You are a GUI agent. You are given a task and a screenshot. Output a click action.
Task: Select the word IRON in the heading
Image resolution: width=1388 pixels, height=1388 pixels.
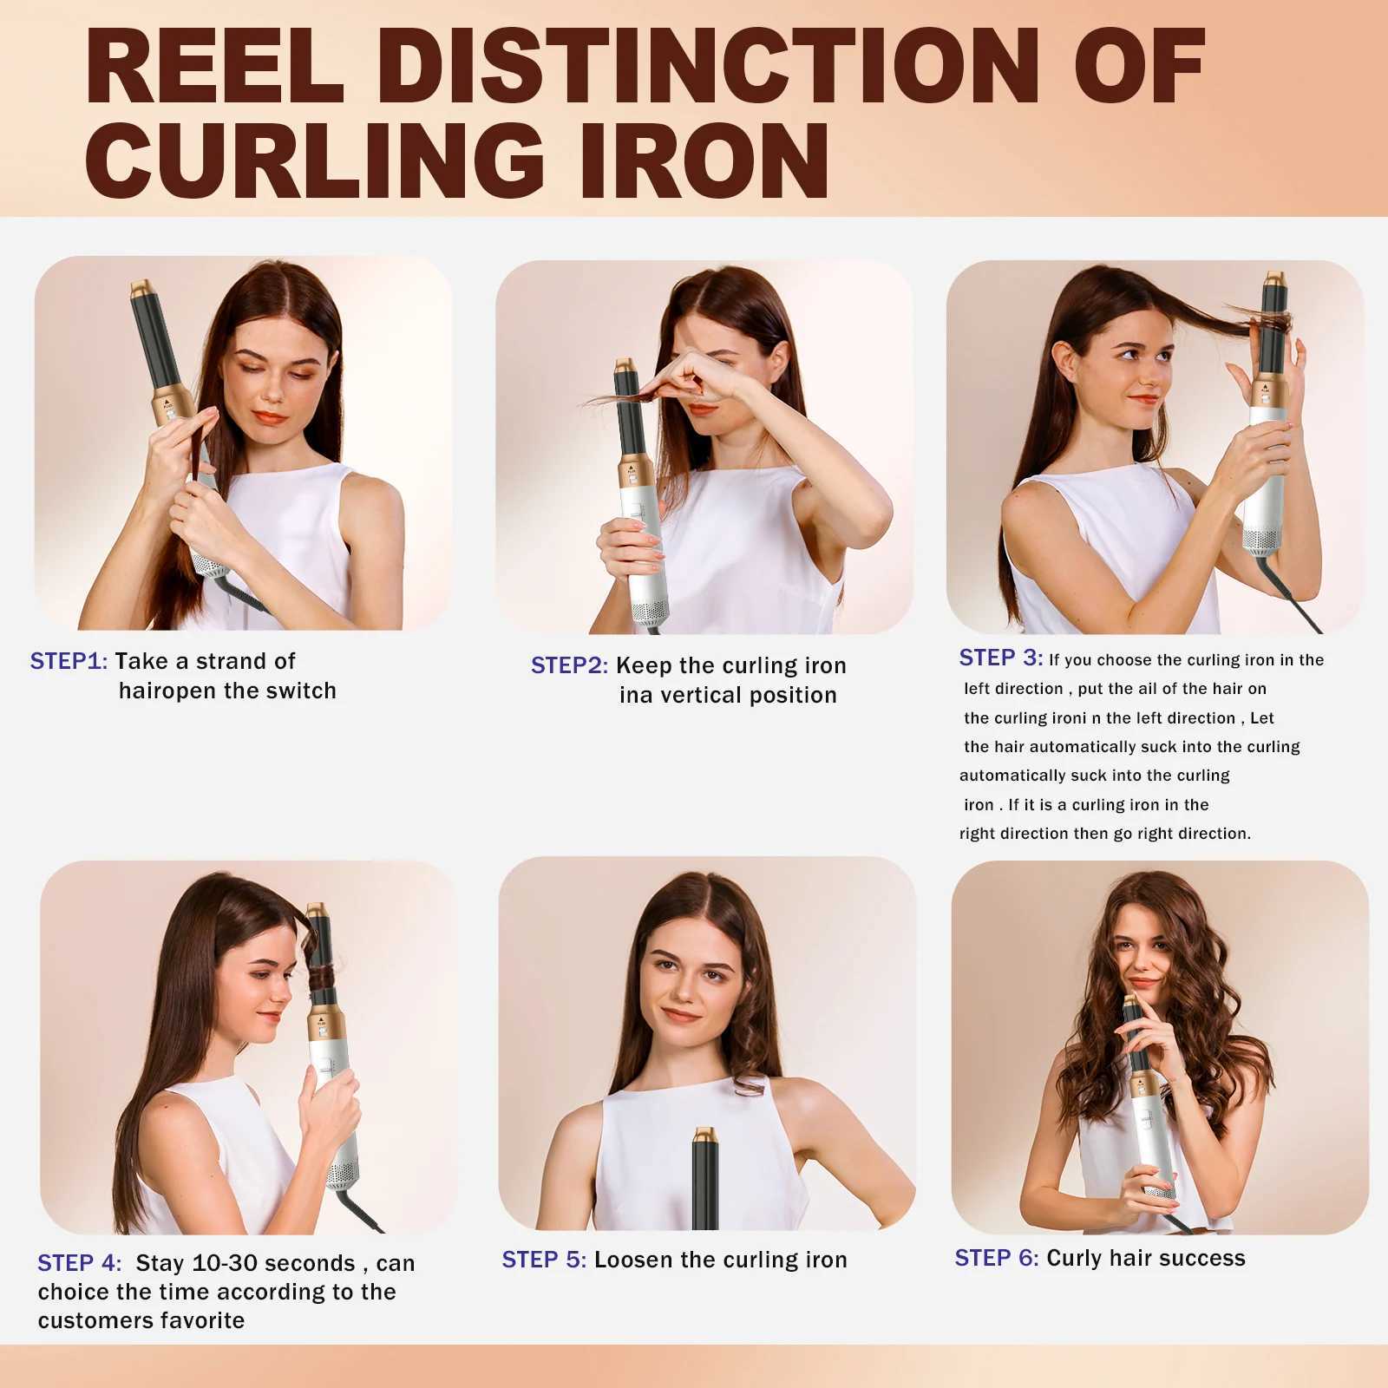704,160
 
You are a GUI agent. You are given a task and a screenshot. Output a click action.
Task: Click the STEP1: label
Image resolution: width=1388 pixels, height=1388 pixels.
69,661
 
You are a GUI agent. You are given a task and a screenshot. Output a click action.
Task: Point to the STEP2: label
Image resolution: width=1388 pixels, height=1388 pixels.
569,665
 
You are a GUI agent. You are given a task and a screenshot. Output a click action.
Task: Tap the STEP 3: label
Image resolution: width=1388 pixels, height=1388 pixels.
1000,658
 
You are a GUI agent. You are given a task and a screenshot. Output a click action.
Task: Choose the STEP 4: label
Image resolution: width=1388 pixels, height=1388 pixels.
79,1263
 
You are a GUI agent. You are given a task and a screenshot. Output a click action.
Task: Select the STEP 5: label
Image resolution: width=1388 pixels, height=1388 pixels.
544,1260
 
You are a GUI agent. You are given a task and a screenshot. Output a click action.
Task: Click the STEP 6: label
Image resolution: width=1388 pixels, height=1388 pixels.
997,1258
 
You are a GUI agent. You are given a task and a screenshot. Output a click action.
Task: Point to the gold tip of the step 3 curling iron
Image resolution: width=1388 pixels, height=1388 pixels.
1273,279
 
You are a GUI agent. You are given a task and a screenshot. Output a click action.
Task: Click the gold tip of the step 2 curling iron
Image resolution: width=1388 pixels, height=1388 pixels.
627,368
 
